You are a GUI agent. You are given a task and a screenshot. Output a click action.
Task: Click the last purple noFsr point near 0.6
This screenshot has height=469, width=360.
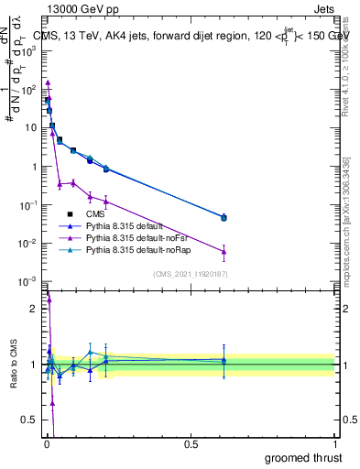(x=224, y=251)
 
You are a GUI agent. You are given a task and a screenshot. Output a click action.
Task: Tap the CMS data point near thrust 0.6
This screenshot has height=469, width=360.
(x=224, y=217)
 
